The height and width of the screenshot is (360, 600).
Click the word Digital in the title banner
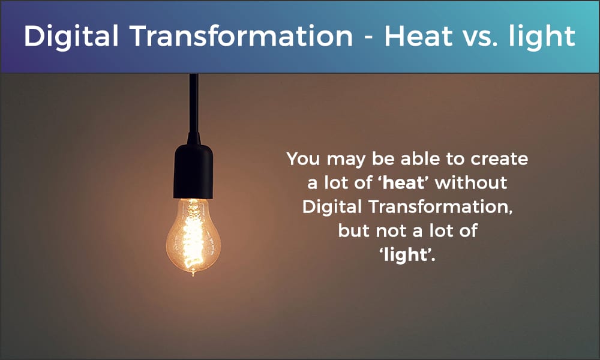coord(71,37)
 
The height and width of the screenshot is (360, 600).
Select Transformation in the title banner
coord(241,36)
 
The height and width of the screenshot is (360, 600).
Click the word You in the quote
coord(303,158)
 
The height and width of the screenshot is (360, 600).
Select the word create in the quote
coord(499,159)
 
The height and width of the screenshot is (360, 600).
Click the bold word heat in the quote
coord(403,182)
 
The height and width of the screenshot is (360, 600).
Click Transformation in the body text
coord(440,207)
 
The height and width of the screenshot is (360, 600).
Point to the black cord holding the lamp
coord(194,103)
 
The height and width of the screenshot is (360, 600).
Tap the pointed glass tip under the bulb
coord(193,273)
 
